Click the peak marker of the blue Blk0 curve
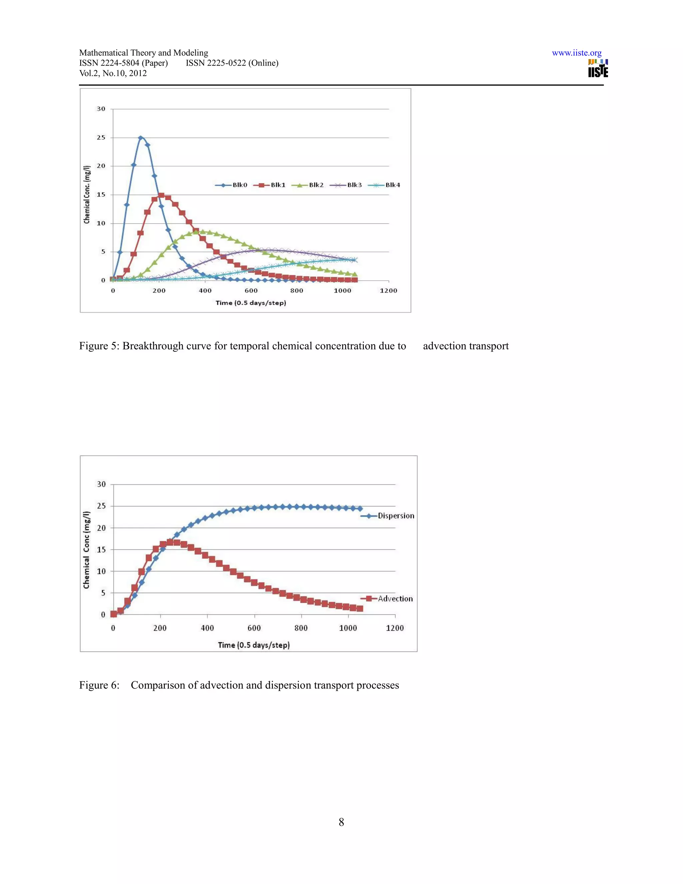(x=140, y=138)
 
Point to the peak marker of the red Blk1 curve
(x=161, y=195)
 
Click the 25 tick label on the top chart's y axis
(x=101, y=138)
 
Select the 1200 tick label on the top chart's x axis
(x=389, y=291)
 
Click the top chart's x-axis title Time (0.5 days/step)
(x=250, y=303)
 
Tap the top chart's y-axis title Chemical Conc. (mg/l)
(x=87, y=194)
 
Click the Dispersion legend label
(x=396, y=516)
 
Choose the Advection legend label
(x=395, y=599)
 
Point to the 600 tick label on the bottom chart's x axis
(x=254, y=628)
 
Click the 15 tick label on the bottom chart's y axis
(x=101, y=550)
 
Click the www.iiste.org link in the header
(x=576, y=53)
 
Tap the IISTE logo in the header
(x=598, y=68)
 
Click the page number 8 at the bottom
(x=341, y=822)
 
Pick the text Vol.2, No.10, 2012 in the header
(x=113, y=73)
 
